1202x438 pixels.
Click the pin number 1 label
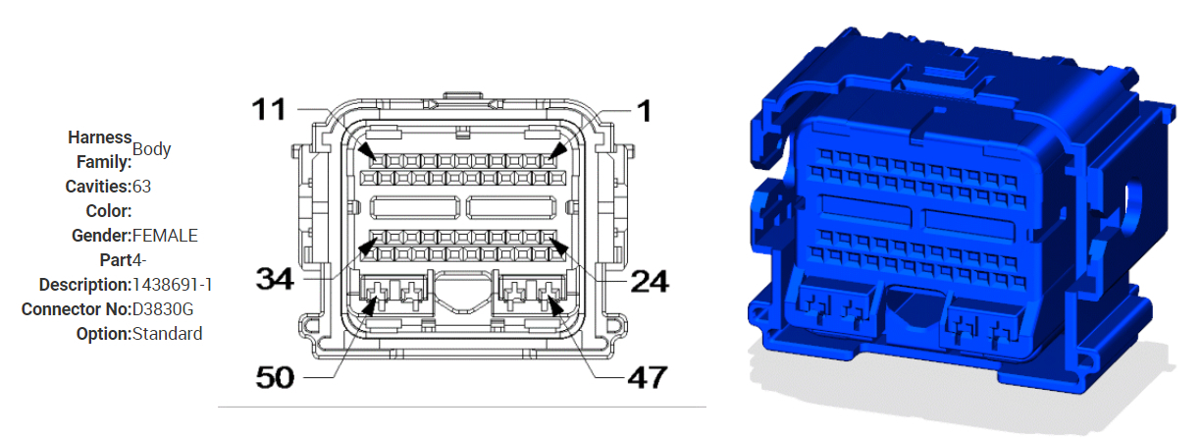tap(643, 110)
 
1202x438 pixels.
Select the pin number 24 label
tap(648, 282)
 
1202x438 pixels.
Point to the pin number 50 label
tap(276, 377)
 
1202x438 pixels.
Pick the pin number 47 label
tap(646, 377)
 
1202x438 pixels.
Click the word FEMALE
tap(165, 235)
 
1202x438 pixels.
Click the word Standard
tap(167, 334)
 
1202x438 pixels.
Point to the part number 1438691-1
tap(173, 285)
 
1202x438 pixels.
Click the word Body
tap(152, 149)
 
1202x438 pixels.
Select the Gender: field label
tap(101, 235)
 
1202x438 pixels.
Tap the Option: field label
tap(103, 334)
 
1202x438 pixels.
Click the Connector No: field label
tap(76, 309)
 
